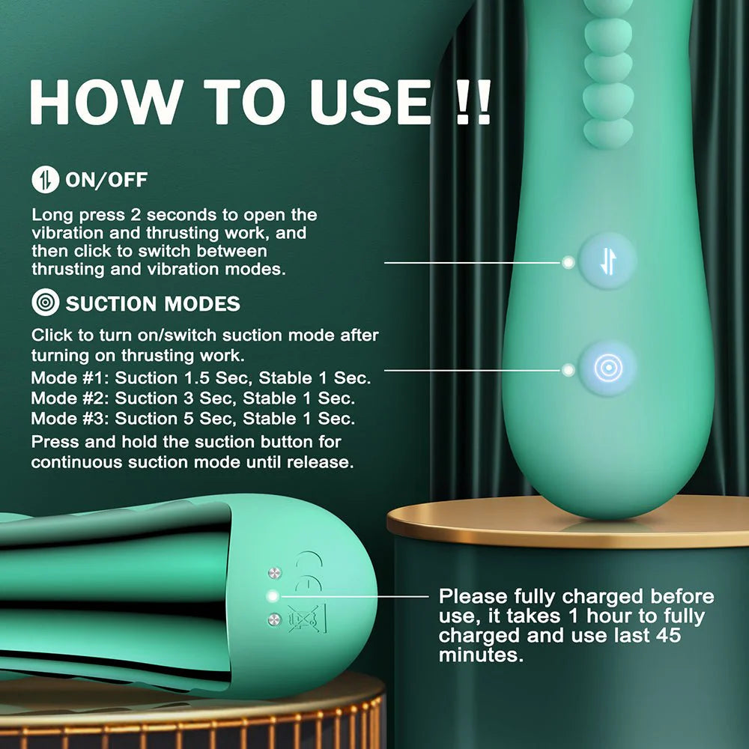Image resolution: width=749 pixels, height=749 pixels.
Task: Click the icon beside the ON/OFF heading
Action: coord(44,180)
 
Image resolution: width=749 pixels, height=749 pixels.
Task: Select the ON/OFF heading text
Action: coord(106,180)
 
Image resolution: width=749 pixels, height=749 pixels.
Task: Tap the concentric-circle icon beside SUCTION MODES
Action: coord(44,303)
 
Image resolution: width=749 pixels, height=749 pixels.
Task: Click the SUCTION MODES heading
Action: coord(153,303)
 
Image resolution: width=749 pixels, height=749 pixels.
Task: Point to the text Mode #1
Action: coord(70,378)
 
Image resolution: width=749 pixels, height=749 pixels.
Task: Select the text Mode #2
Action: coord(70,398)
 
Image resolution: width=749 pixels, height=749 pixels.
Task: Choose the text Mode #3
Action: coord(70,418)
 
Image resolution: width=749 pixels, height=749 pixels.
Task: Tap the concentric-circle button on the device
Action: coord(607,369)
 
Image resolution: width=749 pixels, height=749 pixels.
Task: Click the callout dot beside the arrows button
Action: coord(568,262)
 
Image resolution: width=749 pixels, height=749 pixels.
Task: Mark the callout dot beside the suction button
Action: coord(568,369)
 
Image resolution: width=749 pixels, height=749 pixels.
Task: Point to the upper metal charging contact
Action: coord(274,573)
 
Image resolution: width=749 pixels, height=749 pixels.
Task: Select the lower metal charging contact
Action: coord(274,619)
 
